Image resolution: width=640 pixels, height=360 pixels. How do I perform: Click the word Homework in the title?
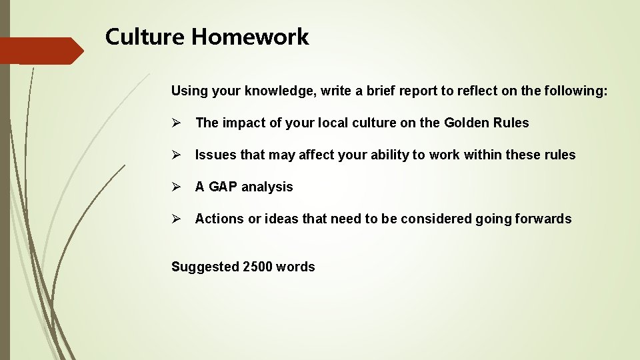pos(251,37)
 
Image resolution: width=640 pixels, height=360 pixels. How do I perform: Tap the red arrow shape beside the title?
pos(40,51)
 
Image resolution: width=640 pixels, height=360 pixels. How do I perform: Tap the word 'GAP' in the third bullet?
pos(223,187)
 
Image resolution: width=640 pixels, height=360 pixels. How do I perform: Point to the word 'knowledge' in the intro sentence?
pos(278,91)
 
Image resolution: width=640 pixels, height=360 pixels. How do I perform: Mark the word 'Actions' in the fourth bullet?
pos(219,219)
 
